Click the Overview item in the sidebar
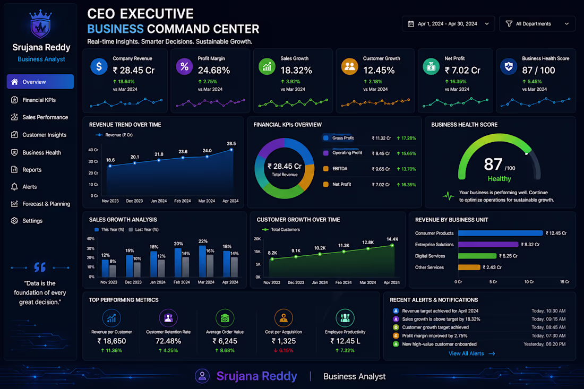coord(40,82)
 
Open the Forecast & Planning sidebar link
coord(40,204)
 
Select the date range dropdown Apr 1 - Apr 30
coord(448,24)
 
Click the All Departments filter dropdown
coord(537,24)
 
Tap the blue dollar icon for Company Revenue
coord(99,67)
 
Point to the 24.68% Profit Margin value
coord(214,71)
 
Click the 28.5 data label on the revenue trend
coord(231,143)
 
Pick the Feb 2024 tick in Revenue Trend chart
coord(183,201)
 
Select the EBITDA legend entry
coord(335,169)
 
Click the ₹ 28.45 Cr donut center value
coord(285,167)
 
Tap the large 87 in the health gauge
coord(493,164)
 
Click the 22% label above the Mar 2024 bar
coord(203,241)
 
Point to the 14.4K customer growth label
coord(392,239)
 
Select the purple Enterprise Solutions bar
coord(488,245)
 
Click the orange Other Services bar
coord(469,267)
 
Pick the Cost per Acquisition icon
coord(284,318)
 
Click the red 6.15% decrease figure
coord(284,351)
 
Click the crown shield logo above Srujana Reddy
coord(40,24)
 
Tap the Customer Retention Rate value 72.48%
coord(168,341)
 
